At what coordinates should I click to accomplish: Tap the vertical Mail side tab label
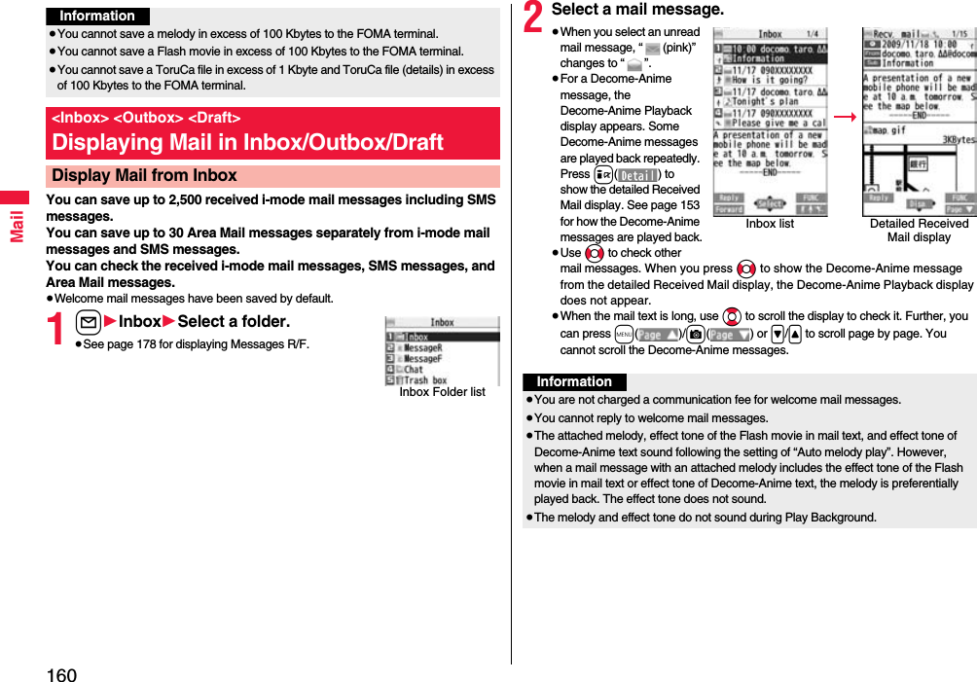coord(17,226)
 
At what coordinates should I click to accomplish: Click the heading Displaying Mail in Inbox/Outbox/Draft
coord(247,142)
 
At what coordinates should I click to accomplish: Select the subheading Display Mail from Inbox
coord(144,176)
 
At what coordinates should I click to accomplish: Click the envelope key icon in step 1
coord(88,322)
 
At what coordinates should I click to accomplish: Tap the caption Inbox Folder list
coord(442,392)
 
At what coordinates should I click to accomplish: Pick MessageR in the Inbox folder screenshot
coord(422,347)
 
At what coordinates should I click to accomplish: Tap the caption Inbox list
coord(769,224)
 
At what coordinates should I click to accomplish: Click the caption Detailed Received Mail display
coord(919,231)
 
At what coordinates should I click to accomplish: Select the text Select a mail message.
coord(637,10)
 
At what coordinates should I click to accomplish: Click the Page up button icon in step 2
coord(657,334)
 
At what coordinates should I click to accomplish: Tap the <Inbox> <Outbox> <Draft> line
coord(146,118)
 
